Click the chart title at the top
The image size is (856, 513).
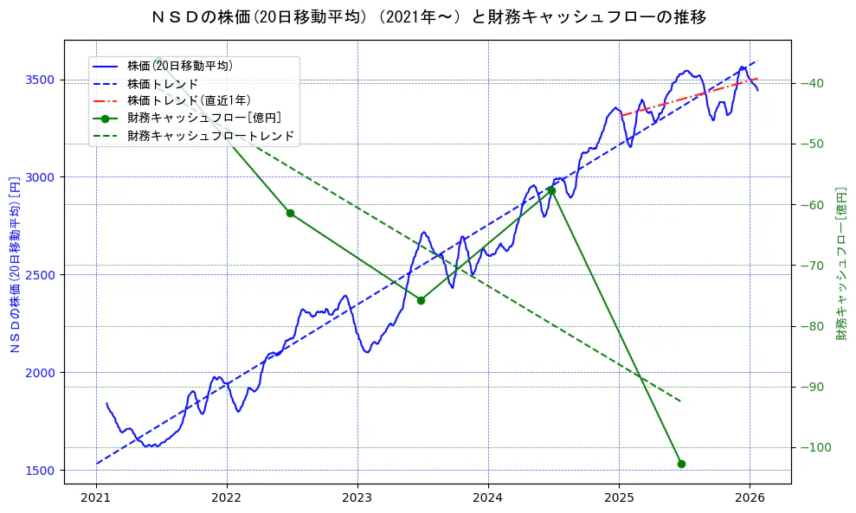(428, 17)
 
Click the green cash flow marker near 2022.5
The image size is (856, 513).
(290, 213)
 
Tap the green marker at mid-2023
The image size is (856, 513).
(421, 300)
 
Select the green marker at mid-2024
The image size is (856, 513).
(551, 190)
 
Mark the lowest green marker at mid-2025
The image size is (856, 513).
(681, 464)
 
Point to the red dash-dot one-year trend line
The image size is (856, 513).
(684, 98)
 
